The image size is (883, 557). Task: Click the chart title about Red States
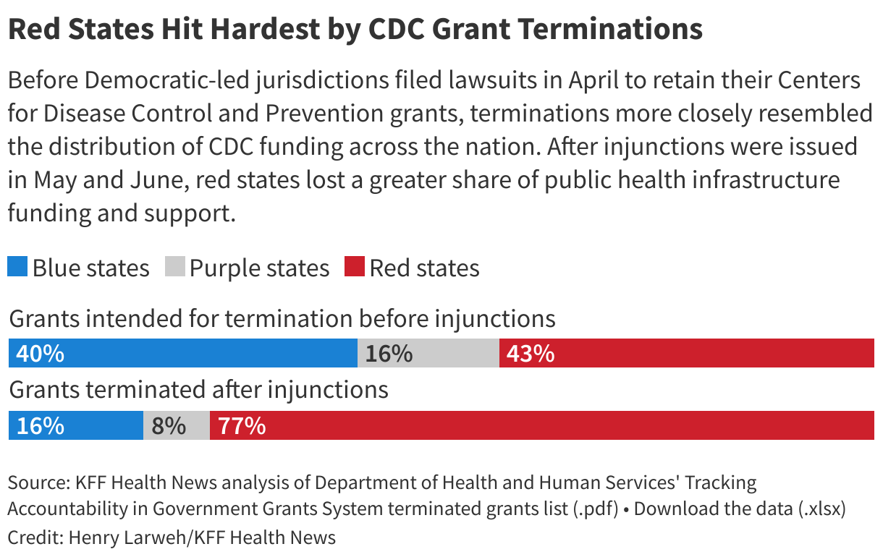click(355, 29)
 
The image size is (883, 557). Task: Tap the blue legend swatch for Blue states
click(17, 267)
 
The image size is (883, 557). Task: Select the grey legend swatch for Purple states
click(175, 267)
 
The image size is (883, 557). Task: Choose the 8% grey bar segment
click(177, 425)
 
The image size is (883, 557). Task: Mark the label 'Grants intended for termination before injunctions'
click(282, 319)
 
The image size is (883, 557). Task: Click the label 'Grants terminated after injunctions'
click(198, 390)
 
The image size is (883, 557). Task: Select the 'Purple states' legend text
click(259, 268)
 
